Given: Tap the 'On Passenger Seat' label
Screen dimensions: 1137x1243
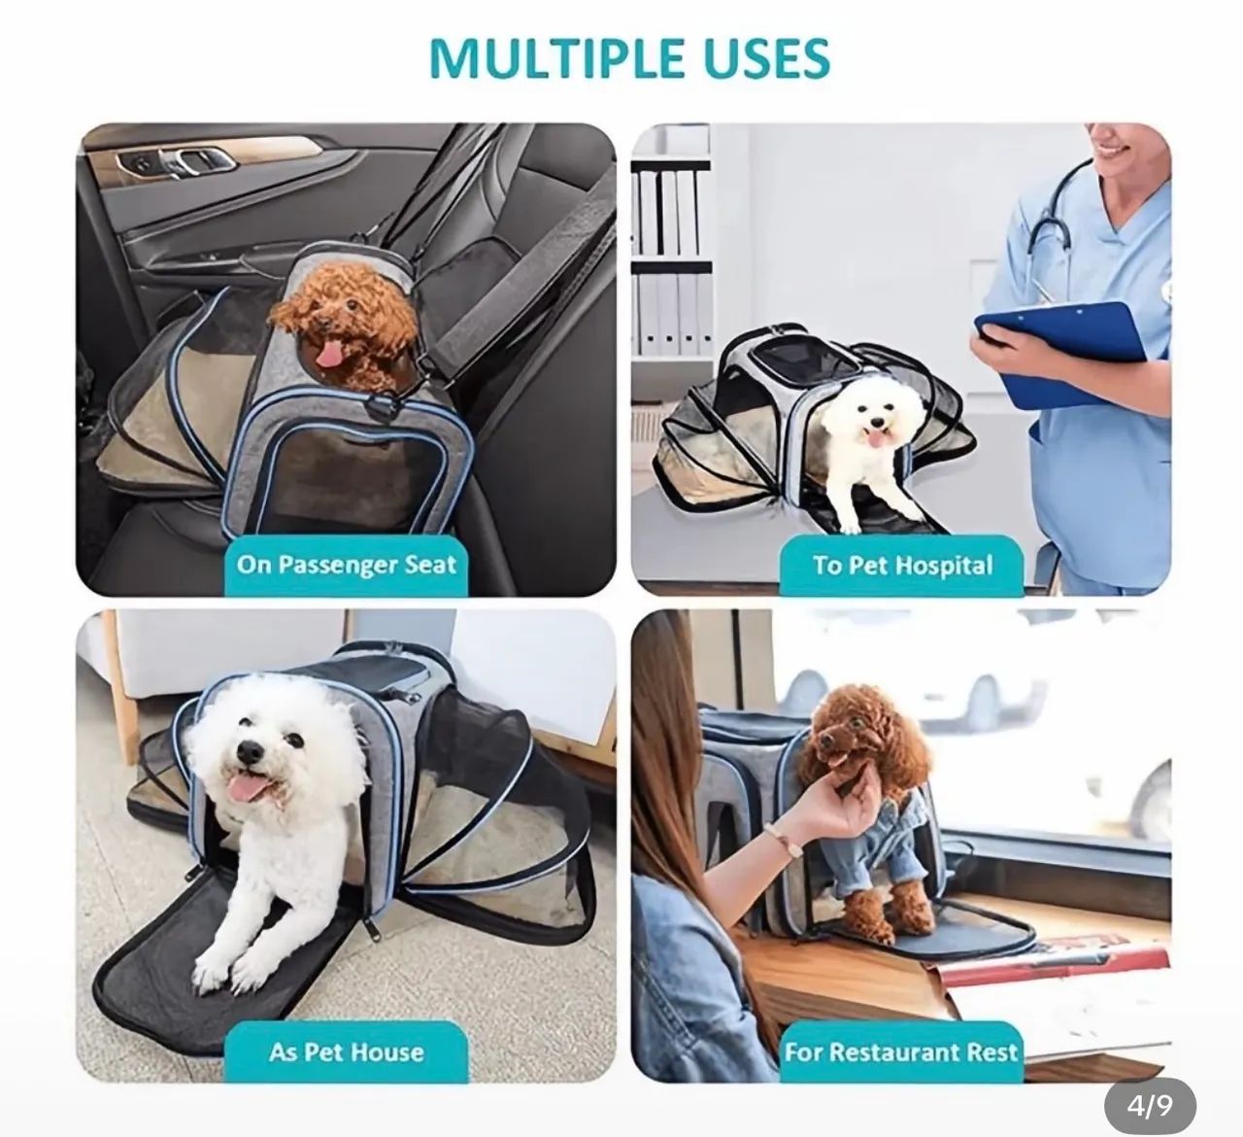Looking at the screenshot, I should tap(346, 565).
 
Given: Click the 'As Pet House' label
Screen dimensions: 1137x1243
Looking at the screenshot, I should tap(346, 1051).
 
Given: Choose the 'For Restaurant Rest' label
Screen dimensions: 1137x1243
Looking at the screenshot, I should tap(901, 1051).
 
